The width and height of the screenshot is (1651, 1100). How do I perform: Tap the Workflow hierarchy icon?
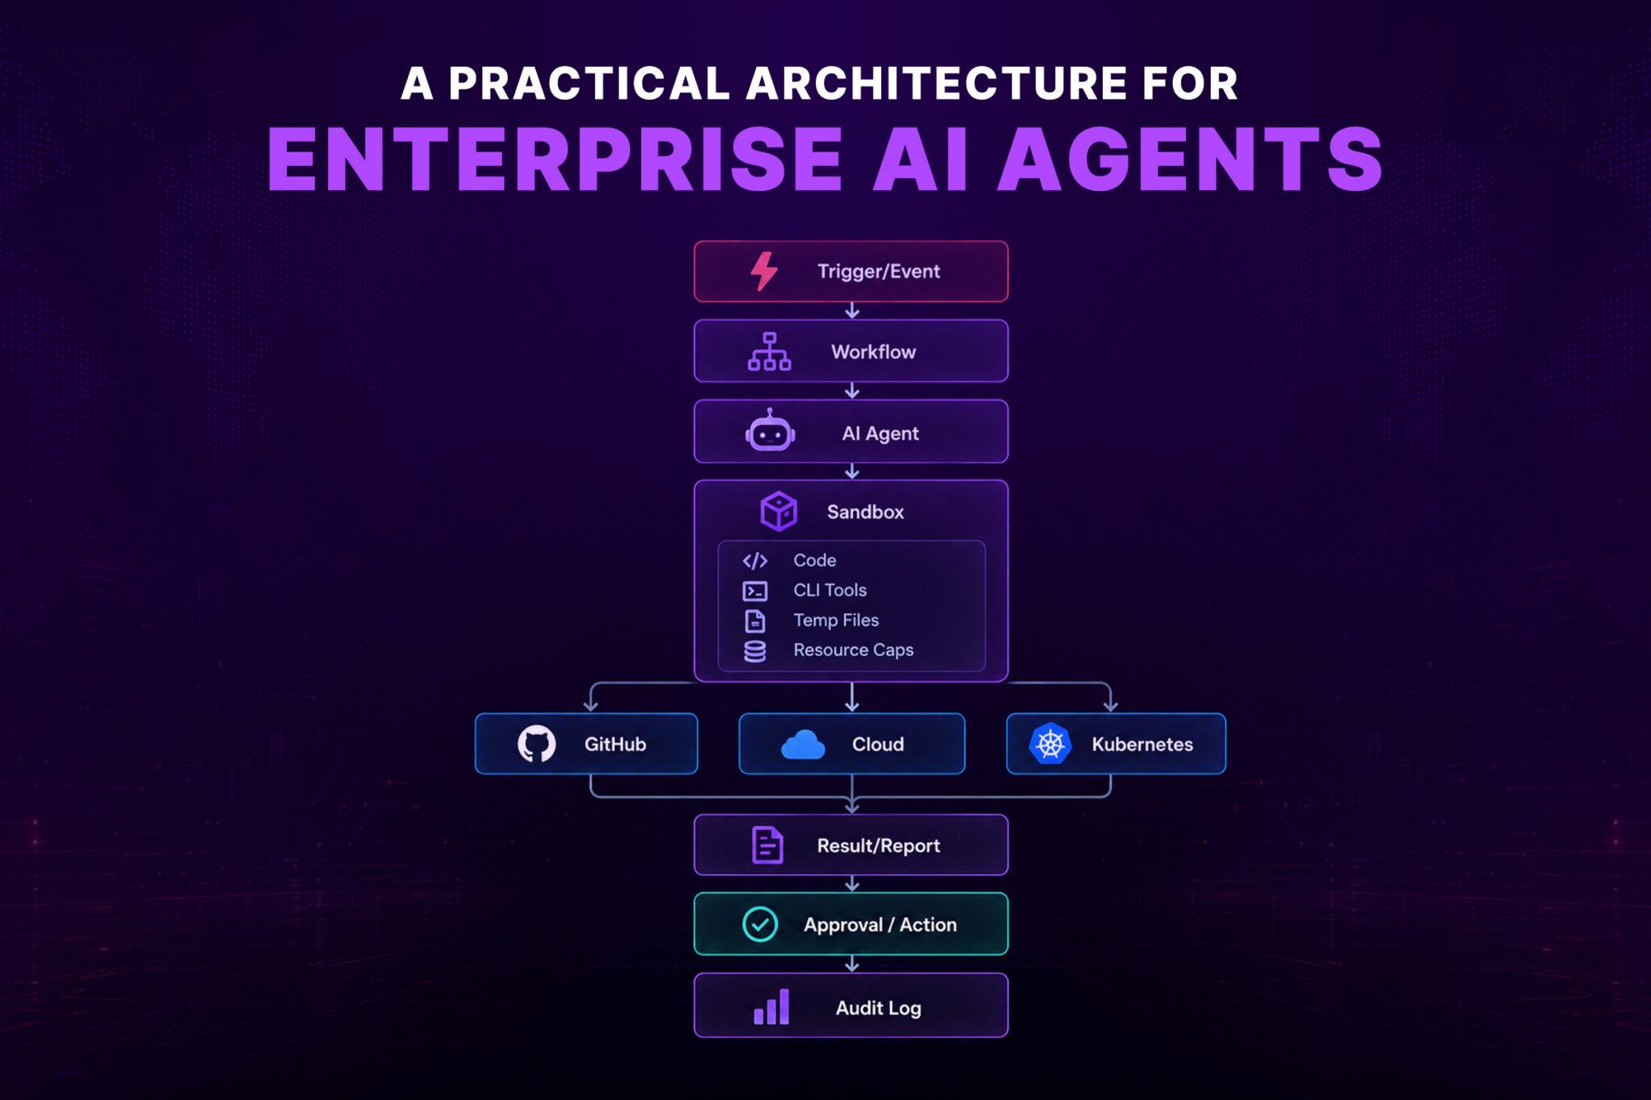(x=769, y=351)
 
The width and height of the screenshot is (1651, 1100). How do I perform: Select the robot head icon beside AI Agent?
(x=770, y=430)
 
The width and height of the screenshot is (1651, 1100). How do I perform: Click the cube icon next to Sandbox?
(x=779, y=511)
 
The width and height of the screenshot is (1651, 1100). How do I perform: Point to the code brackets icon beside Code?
(x=755, y=561)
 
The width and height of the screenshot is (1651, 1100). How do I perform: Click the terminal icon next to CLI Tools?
(x=755, y=592)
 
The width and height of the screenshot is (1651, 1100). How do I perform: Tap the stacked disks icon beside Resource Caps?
(x=755, y=651)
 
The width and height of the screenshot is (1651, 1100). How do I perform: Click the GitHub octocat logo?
(x=536, y=744)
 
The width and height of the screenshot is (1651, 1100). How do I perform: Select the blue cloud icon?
(x=803, y=745)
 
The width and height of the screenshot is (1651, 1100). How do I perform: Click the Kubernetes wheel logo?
(x=1050, y=744)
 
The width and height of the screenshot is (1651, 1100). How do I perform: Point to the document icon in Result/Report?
(x=767, y=845)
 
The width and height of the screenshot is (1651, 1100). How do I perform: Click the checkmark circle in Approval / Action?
(x=759, y=924)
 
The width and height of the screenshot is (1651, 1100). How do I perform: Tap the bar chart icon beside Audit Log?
(x=771, y=1007)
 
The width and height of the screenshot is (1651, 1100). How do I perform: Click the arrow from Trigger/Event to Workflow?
(x=851, y=310)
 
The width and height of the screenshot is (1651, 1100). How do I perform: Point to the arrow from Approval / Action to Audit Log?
(x=851, y=964)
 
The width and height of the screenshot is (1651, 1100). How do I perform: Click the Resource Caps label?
(x=853, y=650)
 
